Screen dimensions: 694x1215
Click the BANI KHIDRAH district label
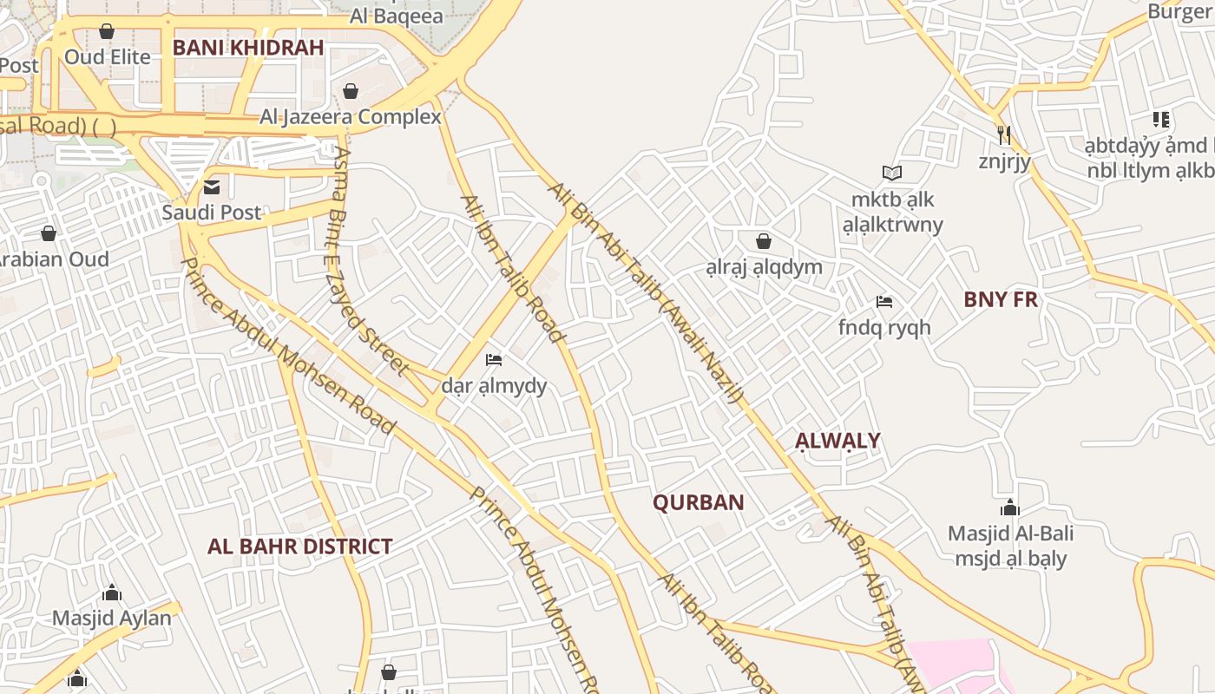[247, 47]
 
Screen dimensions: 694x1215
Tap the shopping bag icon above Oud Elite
[107, 32]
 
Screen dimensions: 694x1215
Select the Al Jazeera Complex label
[351, 116]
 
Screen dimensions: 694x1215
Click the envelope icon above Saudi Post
[211, 187]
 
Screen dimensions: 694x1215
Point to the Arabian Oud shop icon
[49, 233]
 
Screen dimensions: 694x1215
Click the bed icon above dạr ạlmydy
[494, 359]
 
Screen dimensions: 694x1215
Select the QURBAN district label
[698, 502]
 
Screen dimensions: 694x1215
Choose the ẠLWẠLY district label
[837, 440]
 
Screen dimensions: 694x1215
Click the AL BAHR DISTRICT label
[299, 547]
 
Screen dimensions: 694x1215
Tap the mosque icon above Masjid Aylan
[112, 593]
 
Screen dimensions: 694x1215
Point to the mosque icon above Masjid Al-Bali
[1009, 507]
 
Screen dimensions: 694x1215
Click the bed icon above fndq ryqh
[884, 302]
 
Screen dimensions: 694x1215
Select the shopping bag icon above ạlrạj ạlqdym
[764, 241]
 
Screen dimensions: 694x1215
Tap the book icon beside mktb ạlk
[892, 173]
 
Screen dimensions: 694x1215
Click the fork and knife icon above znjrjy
[1004, 135]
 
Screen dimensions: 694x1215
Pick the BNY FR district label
[1001, 299]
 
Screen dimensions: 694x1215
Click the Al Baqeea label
[396, 16]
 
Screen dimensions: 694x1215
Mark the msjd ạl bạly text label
[1010, 559]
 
